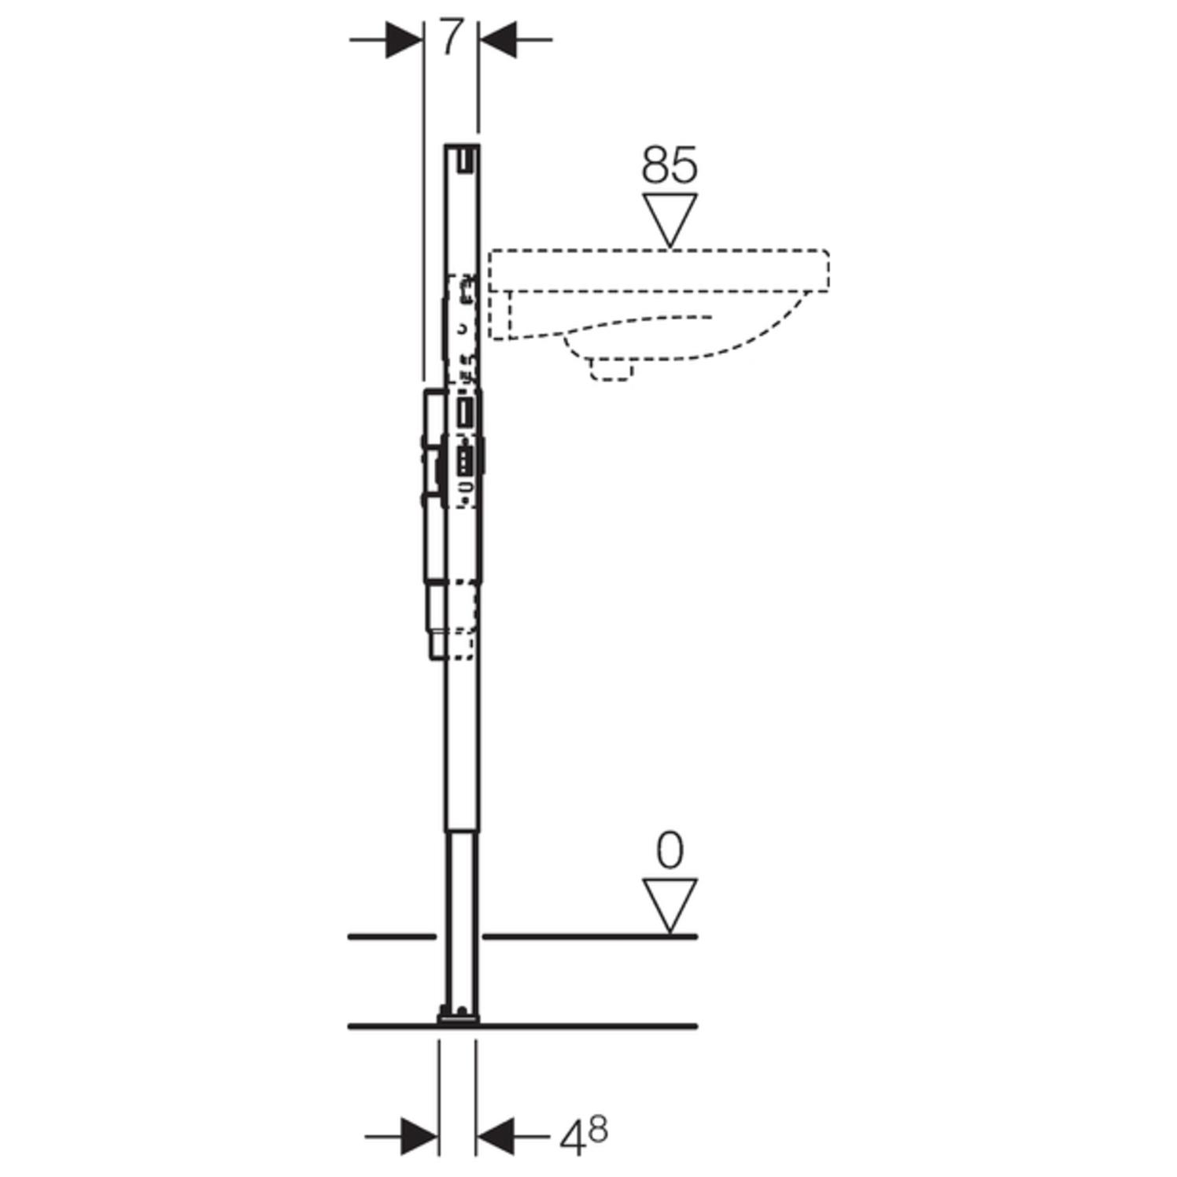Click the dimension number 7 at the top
click(x=449, y=38)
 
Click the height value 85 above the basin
click(x=670, y=165)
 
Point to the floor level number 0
click(x=670, y=851)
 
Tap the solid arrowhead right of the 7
click(x=498, y=39)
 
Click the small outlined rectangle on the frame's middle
click(x=466, y=414)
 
